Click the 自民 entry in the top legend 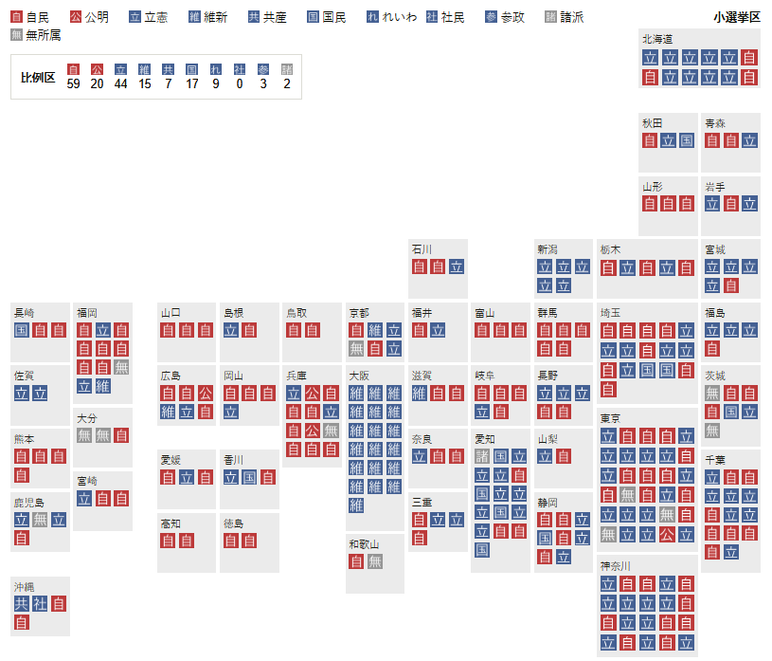(x=30, y=17)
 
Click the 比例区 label (x=38, y=77)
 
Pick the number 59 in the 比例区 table (x=74, y=83)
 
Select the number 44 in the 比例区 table (x=120, y=83)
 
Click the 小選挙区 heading (x=737, y=17)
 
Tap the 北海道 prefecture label (x=657, y=40)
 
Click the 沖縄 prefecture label (x=25, y=586)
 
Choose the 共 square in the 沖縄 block (x=21, y=603)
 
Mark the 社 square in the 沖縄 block (x=40, y=603)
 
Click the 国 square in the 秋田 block (x=687, y=140)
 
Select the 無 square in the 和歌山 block (x=375, y=561)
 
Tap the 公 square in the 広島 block (x=205, y=393)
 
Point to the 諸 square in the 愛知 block (x=482, y=456)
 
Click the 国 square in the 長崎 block (x=21, y=330)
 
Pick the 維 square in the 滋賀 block (x=419, y=393)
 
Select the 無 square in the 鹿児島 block (x=40, y=519)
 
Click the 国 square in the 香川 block (x=249, y=477)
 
